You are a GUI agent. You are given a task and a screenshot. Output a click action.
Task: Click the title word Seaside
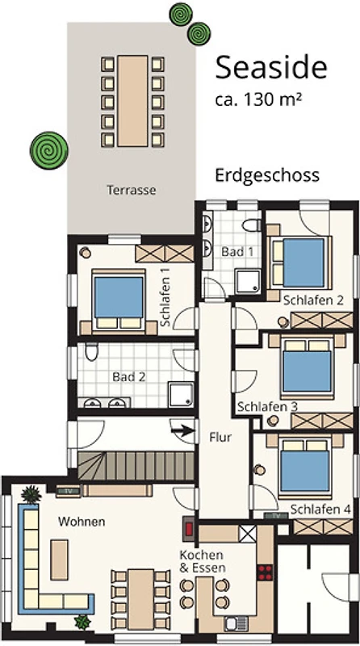271,68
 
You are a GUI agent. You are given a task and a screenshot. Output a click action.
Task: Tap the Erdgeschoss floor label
267,176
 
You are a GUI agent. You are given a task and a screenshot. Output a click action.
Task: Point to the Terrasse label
132,190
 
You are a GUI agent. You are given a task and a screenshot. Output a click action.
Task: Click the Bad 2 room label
129,377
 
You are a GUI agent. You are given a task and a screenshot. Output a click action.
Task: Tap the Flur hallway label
220,437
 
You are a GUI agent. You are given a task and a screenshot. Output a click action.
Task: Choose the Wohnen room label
82,522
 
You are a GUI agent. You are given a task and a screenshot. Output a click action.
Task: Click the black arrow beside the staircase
182,431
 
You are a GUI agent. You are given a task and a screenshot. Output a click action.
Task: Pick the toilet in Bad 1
251,225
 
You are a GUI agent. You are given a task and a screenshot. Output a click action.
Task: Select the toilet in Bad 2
91,352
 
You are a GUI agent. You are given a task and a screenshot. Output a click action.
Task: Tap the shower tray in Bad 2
181,395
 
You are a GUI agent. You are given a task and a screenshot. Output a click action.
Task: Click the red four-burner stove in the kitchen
265,573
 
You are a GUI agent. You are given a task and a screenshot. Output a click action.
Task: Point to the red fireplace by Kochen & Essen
190,529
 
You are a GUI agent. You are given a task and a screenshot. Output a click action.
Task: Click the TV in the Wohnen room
69,491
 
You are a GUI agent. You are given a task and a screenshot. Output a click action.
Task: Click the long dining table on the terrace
132,101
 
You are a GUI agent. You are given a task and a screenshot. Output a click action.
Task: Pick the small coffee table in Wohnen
59,560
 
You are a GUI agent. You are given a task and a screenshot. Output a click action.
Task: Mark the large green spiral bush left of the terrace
49,150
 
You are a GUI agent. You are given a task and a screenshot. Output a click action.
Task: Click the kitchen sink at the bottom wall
236,623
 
